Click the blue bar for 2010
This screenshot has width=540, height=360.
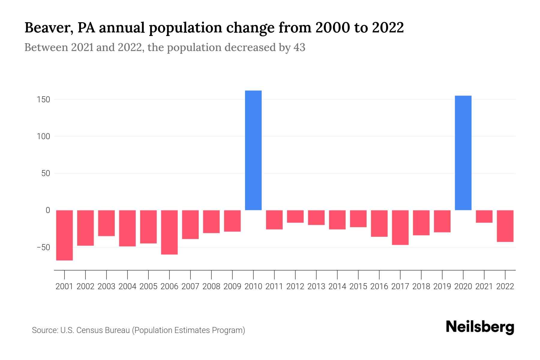[x=253, y=150]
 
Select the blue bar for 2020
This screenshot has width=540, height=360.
[x=463, y=153]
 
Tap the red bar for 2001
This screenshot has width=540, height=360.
[x=64, y=235]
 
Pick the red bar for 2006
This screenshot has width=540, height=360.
[x=169, y=232]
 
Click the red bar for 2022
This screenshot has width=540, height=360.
[x=505, y=226]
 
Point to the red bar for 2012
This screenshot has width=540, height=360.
[x=295, y=216]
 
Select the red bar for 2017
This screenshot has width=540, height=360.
[x=400, y=227]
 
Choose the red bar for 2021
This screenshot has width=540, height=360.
[x=484, y=216]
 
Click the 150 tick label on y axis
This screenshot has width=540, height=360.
[x=43, y=99]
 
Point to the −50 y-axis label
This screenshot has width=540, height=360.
[x=43, y=247]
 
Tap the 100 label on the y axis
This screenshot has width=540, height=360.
[x=43, y=136]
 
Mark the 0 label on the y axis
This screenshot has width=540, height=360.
[x=47, y=210]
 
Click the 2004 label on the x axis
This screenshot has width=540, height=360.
[x=127, y=286]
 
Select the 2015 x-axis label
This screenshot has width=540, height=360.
[x=358, y=286]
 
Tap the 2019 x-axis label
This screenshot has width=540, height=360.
[x=442, y=286]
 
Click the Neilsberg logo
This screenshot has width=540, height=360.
[x=480, y=327]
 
